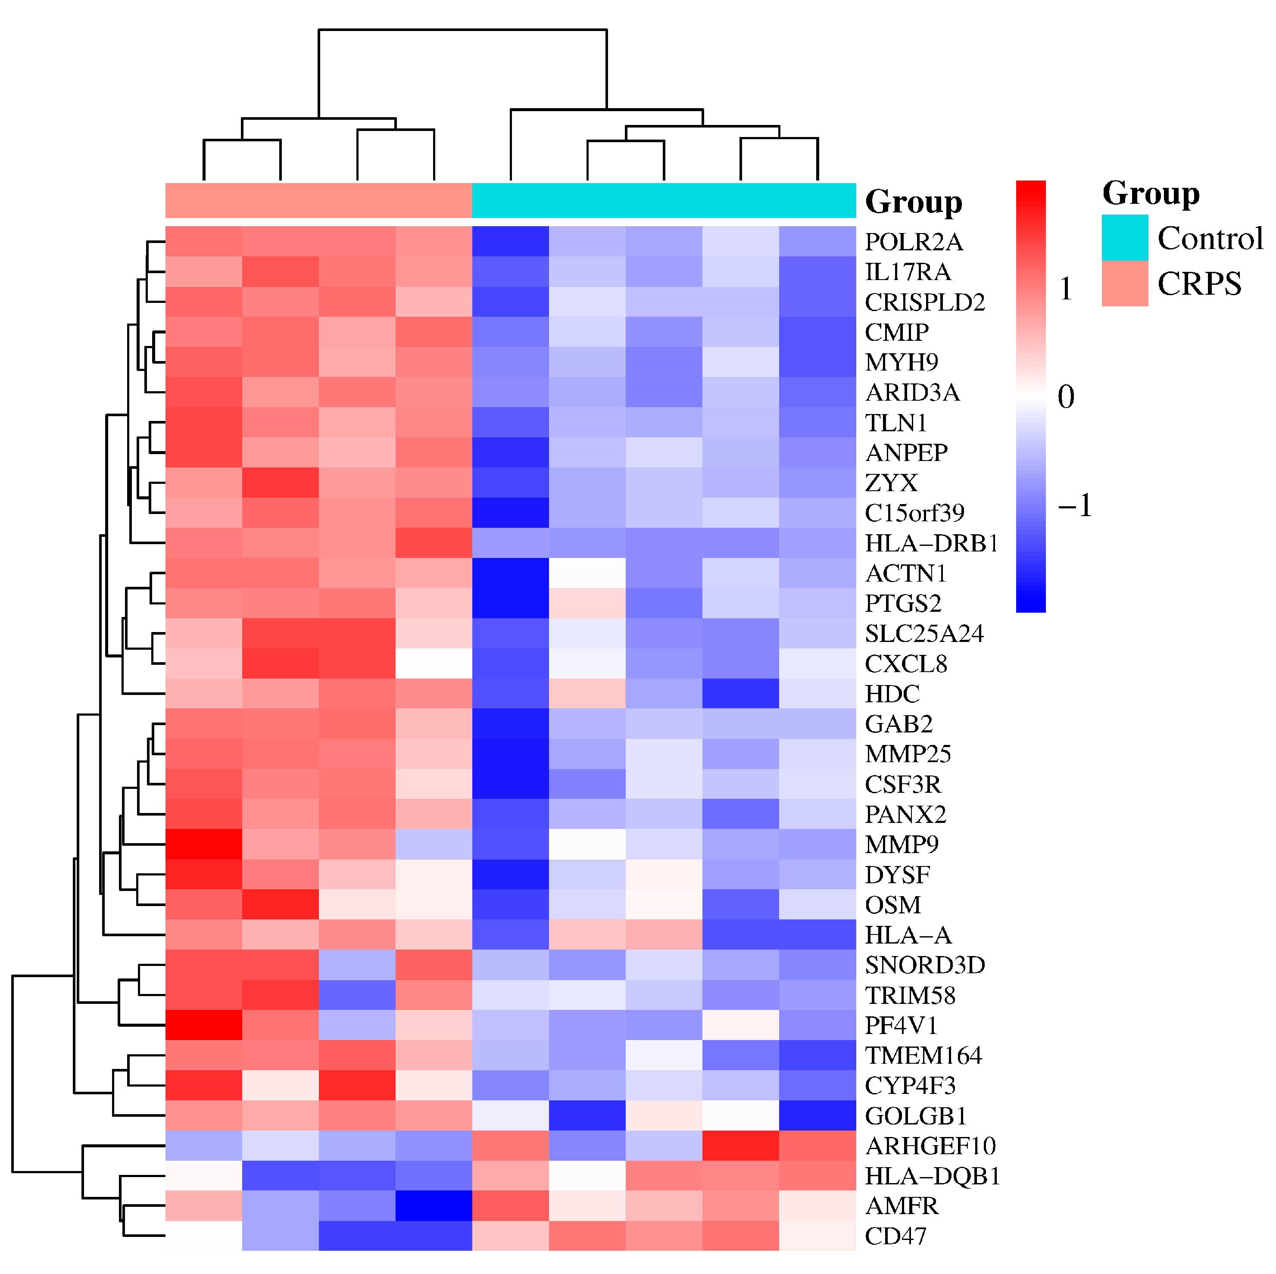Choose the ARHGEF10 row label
(x=930, y=1146)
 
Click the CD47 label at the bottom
(x=895, y=1237)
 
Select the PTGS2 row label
(x=903, y=603)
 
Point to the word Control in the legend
(x=1210, y=238)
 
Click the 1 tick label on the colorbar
(x=1065, y=289)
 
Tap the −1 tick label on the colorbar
(x=1074, y=505)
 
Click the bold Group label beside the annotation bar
(x=914, y=202)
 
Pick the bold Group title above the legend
(x=1151, y=193)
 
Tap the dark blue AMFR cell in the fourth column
(x=434, y=1206)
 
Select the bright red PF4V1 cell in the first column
(x=203, y=1025)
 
